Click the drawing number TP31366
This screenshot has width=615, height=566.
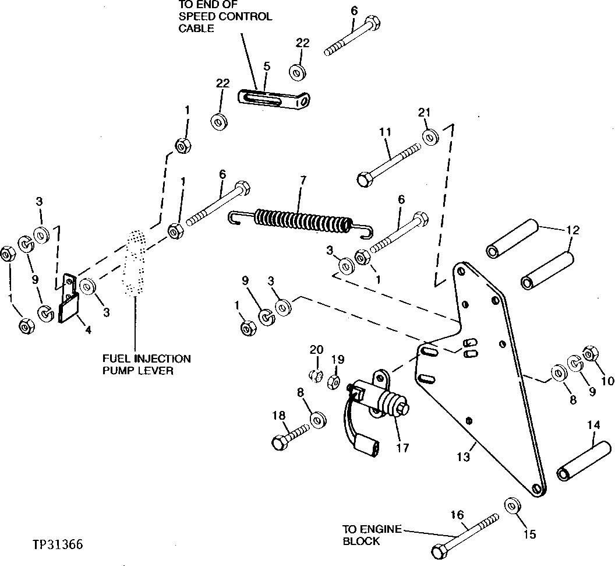58,545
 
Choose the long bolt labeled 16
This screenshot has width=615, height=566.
466,533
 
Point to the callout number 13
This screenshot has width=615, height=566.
462,458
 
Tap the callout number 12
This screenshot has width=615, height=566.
572,230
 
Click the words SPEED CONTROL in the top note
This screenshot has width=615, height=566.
225,16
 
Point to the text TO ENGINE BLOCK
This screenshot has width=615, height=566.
372,535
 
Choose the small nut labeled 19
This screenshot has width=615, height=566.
335,382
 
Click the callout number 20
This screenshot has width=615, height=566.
316,350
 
